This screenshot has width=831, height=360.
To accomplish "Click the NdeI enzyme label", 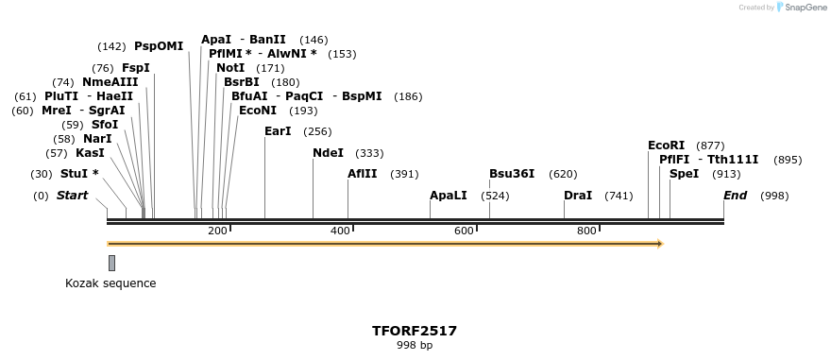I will (328, 153).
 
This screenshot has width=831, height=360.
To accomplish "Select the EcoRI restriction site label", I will (666, 146).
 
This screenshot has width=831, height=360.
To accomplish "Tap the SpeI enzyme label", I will (684, 174).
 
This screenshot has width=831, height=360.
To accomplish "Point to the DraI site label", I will (578, 196).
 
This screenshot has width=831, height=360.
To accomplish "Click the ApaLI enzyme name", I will (449, 196).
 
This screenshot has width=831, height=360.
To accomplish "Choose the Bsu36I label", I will (512, 174).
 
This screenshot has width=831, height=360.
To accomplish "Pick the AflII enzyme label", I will (362, 174).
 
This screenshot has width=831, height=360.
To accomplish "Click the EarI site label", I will (278, 131).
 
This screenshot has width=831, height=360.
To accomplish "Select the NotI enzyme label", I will (230, 68).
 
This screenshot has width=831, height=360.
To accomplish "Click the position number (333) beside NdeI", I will (369, 153).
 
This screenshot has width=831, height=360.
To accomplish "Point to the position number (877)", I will (710, 146).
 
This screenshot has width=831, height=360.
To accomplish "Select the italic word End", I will (735, 196).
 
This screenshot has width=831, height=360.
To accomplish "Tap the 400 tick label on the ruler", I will (340, 231).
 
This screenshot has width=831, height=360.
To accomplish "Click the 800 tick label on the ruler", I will (586, 231).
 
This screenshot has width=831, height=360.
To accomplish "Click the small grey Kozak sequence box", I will (111, 263).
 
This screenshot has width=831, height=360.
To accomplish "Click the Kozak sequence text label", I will (110, 283).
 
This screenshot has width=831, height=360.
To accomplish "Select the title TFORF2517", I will (415, 331).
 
